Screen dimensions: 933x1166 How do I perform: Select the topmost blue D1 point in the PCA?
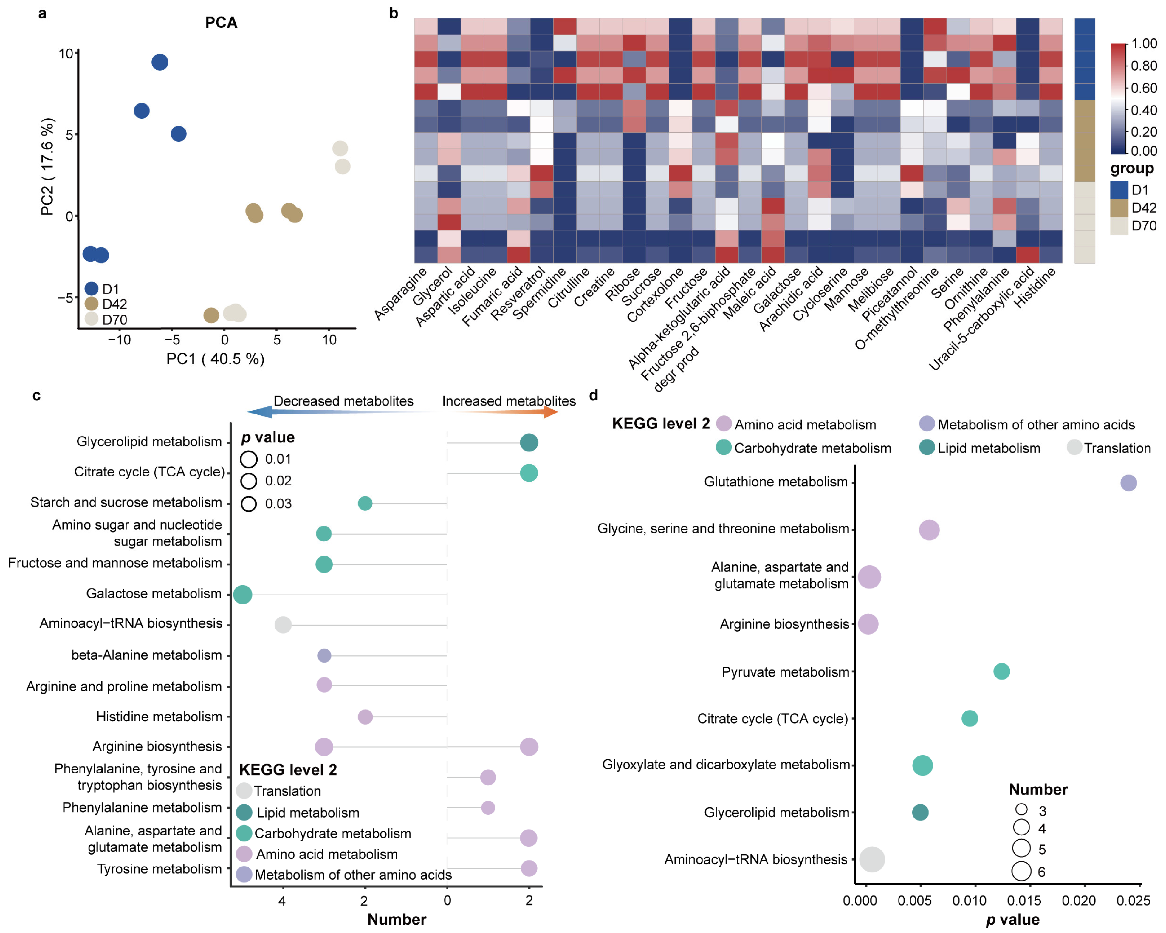[160, 62]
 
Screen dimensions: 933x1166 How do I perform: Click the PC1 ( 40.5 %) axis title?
[215, 359]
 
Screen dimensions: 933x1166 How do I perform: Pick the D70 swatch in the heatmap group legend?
[1118, 226]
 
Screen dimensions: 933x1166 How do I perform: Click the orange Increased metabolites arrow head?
[551, 412]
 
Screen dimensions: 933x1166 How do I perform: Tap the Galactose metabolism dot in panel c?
[243, 594]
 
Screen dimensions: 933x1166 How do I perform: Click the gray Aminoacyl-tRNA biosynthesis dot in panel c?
[283, 625]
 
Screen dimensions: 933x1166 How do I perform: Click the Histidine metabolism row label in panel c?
[159, 717]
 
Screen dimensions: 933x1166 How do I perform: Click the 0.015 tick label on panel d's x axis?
[1024, 900]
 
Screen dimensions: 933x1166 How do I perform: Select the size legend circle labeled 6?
[1021, 871]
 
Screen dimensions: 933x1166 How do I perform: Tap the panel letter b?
[394, 13]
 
